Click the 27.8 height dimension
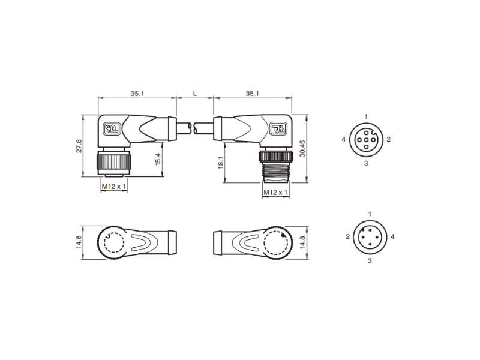pyautogui.click(x=79, y=146)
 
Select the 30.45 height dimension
pyautogui.click(x=303, y=149)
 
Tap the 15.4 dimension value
pyautogui.click(x=158, y=160)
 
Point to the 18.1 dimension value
pyautogui.click(x=221, y=162)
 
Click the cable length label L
pyautogui.click(x=194, y=94)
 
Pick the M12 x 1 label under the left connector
pyautogui.click(x=114, y=186)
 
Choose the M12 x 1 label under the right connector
pyautogui.click(x=276, y=192)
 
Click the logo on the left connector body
pyautogui.click(x=112, y=128)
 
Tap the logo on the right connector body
pyautogui.click(x=278, y=128)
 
